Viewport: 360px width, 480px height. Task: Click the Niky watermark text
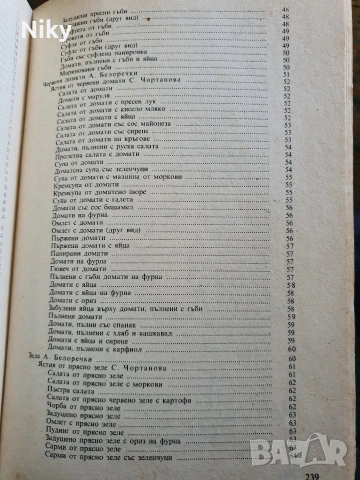32,17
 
